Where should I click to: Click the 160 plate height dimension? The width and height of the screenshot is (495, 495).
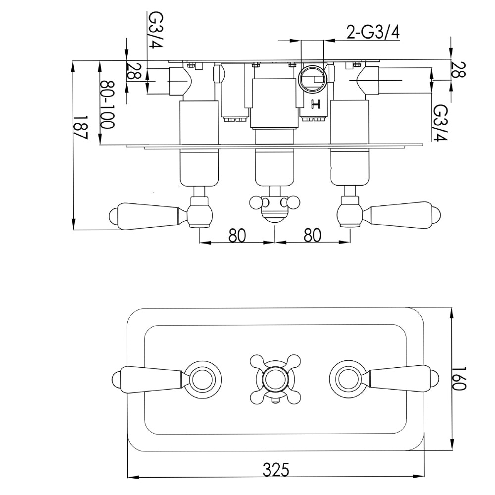point(460,379)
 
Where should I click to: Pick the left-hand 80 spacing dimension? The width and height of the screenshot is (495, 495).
point(237,235)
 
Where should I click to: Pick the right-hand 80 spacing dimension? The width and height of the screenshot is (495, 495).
point(312,235)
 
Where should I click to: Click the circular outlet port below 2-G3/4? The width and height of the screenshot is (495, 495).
point(312,79)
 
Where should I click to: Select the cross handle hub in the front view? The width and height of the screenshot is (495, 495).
point(275,380)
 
